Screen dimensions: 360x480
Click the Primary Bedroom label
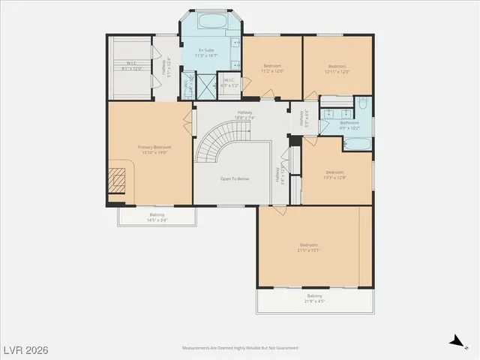click(154, 149)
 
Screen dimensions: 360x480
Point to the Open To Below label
click(235, 179)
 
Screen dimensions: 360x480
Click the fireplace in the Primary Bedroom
click(116, 181)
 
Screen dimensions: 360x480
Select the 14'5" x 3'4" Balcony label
click(157, 217)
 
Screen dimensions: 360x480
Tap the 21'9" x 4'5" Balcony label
click(314, 298)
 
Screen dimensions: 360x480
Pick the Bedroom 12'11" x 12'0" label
click(337, 68)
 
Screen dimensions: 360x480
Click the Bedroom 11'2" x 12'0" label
click(272, 68)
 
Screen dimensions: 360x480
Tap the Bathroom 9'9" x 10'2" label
click(349, 124)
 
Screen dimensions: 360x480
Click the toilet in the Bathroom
click(361, 106)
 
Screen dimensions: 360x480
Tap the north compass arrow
click(455, 341)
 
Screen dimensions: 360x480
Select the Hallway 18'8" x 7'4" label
click(245, 116)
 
